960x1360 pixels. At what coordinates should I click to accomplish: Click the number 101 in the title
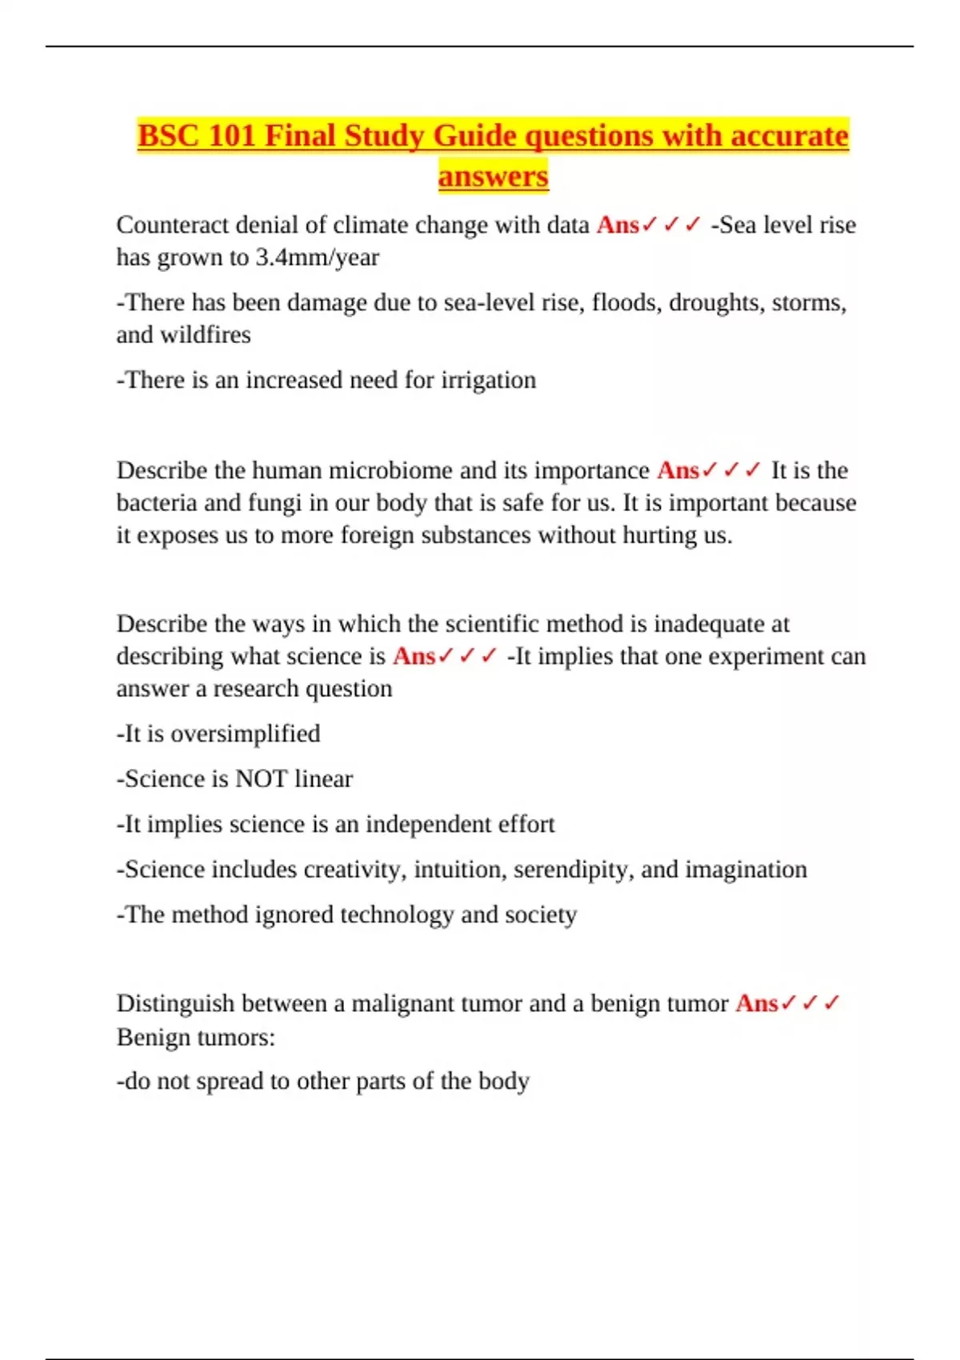point(231,136)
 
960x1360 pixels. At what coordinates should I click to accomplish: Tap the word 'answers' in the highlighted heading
point(493,176)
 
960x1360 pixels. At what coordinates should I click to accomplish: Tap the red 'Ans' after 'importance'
point(678,470)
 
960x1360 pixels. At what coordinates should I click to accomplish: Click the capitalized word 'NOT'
point(261,779)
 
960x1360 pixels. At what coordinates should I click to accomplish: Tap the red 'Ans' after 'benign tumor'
point(756,1003)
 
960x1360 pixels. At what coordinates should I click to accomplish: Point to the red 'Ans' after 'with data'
point(617,225)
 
